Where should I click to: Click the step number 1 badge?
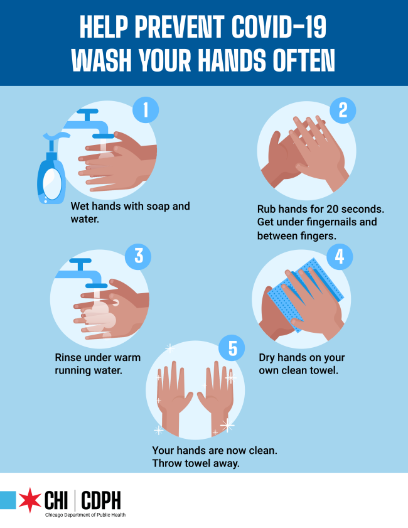pyautogui.click(x=146, y=110)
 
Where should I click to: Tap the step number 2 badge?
pyautogui.click(x=343, y=110)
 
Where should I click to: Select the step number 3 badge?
pyautogui.click(x=138, y=256)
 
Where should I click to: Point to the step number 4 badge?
pyautogui.click(x=340, y=257)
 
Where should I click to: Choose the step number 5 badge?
pyautogui.click(x=232, y=348)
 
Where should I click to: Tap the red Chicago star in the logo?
pyautogui.click(x=30, y=500)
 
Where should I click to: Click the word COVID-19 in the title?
pyautogui.click(x=279, y=27)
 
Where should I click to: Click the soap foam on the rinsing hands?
pyautogui.click(x=100, y=316)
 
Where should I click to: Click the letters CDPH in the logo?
pyautogui.click(x=100, y=501)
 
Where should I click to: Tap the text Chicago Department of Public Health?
pyautogui.click(x=85, y=515)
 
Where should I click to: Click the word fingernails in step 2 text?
pyautogui.click(x=337, y=222)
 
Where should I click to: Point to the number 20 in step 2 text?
pyautogui.click(x=332, y=209)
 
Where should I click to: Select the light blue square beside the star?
pyautogui.click(x=8, y=500)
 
